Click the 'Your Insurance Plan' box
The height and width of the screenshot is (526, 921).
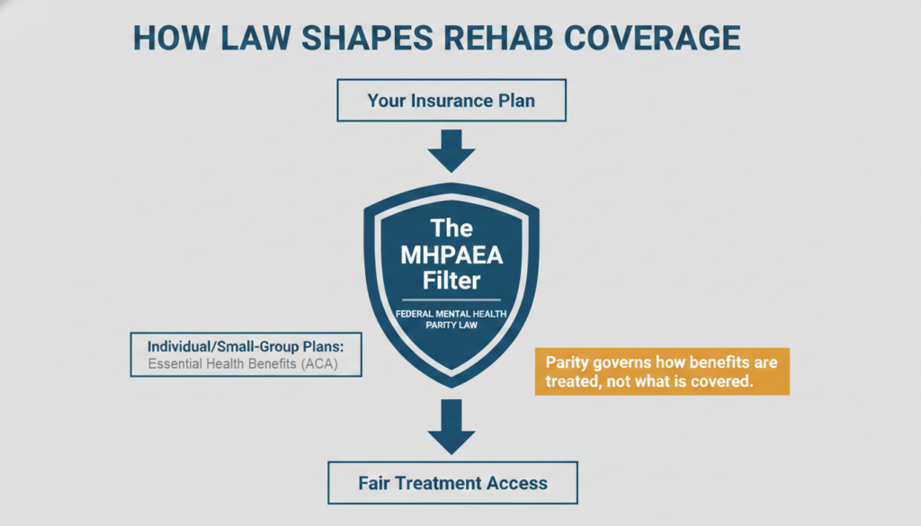tap(451, 101)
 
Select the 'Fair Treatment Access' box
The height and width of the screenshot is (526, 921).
tap(452, 483)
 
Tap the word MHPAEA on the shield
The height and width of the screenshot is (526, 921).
tap(452, 254)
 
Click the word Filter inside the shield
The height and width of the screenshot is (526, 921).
tap(452, 281)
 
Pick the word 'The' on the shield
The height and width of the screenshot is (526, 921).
tap(452, 227)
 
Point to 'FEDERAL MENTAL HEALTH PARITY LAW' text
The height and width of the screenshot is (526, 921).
tap(452, 318)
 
